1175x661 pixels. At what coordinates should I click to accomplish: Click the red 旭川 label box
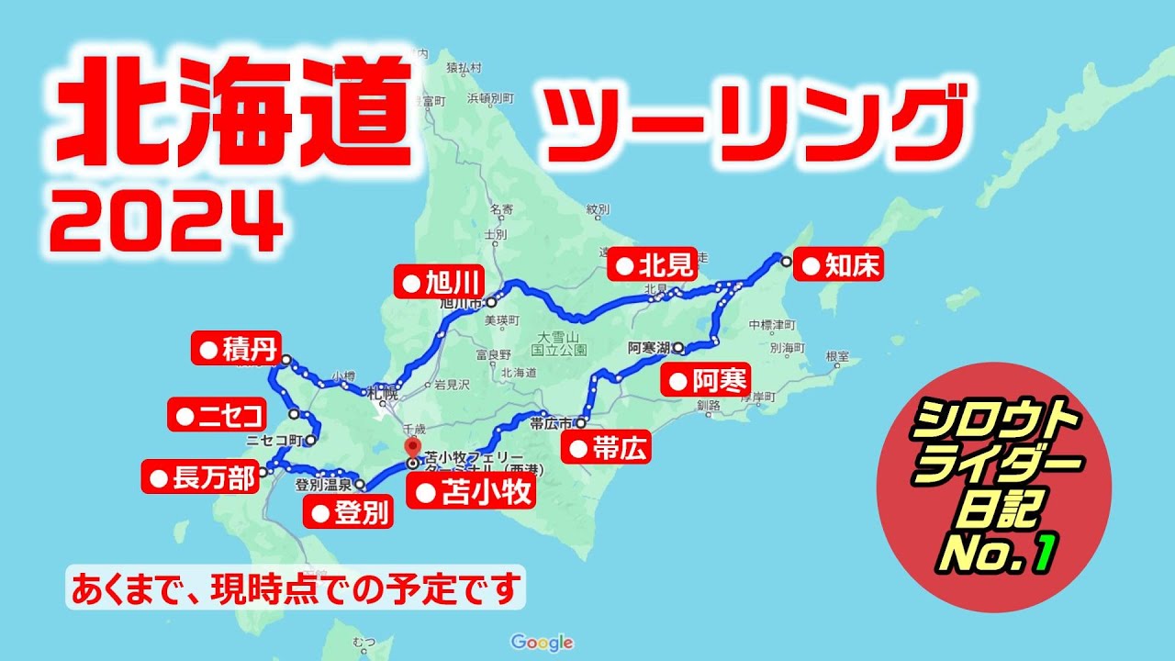coord(439,282)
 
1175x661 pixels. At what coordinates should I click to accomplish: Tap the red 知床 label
coord(838,266)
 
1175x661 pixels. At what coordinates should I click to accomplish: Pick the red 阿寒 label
coord(706,379)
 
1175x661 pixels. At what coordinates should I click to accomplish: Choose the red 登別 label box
coord(349,512)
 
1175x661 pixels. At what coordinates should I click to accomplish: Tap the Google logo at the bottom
coord(543,643)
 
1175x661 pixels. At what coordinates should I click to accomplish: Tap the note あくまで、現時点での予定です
coord(295,588)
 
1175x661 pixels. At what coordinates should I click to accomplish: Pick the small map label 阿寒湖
coord(649,348)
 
